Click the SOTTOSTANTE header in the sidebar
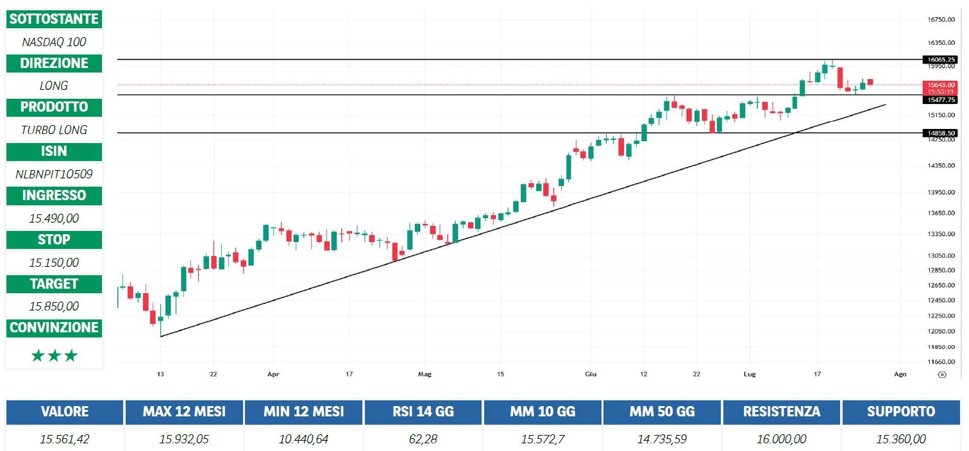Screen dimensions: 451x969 (54, 19)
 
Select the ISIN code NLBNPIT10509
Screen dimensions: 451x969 (54, 174)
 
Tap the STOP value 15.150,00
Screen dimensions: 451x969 (54, 262)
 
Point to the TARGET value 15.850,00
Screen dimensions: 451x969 (54, 306)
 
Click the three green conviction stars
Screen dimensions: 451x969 (54, 355)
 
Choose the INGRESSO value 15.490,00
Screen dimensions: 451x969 (54, 218)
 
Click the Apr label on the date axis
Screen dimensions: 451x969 (274, 374)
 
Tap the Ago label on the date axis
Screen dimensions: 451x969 (900, 374)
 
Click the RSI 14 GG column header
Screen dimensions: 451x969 (423, 412)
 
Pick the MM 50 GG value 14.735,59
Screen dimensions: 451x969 (662, 439)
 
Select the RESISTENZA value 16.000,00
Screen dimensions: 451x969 (781, 439)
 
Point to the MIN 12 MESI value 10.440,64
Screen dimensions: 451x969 (303, 439)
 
